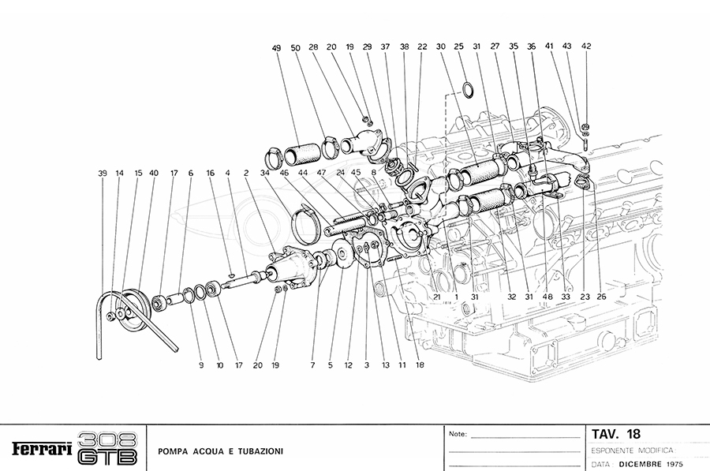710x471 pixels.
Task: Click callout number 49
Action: tap(276, 48)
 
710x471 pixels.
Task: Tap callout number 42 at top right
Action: tap(586, 47)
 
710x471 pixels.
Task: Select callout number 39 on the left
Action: tap(102, 173)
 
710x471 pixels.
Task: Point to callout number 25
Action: tap(458, 47)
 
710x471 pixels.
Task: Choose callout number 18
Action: tap(420, 364)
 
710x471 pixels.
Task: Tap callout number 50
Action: tap(295, 48)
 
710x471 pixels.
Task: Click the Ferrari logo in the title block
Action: tap(43, 449)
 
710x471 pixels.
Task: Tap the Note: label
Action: tap(458, 434)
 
